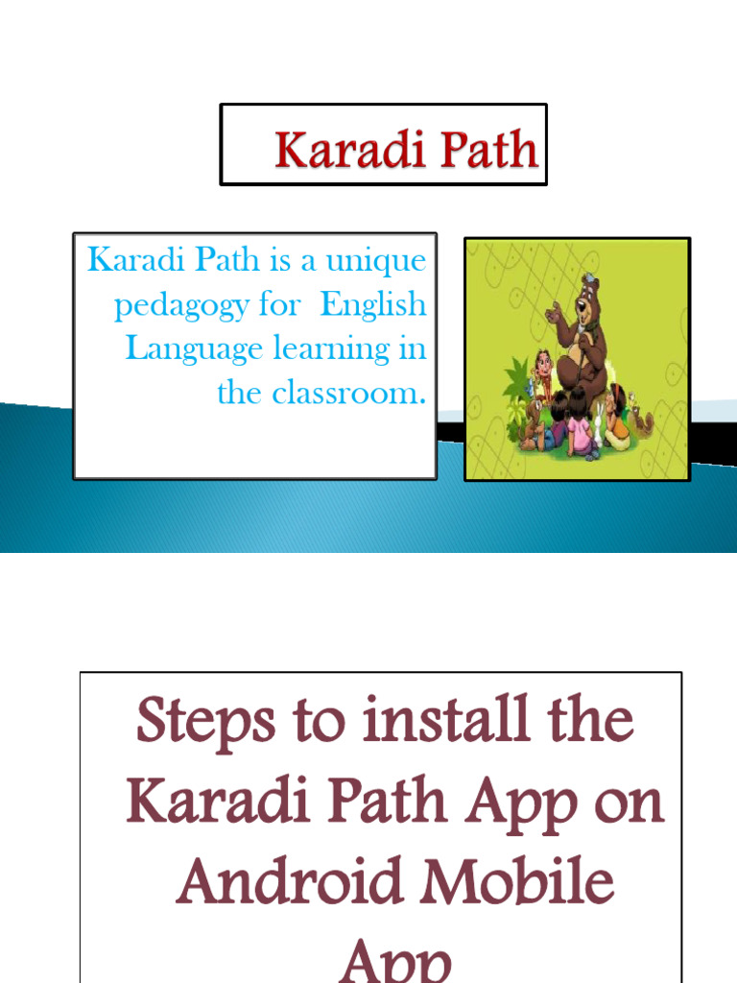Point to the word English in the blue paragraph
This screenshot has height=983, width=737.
[x=373, y=305]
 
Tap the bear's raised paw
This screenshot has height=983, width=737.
[x=554, y=313]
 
